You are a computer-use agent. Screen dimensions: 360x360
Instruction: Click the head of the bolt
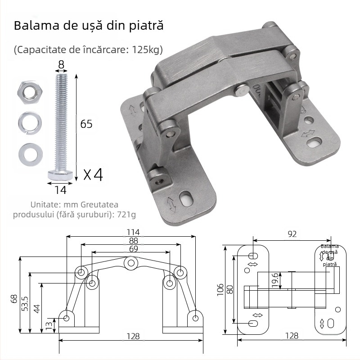pyautogui.click(x=60, y=174)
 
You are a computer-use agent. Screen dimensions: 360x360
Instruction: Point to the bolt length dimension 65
pyautogui.click(x=86, y=124)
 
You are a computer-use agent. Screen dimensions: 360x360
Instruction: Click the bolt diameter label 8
pyautogui.click(x=61, y=65)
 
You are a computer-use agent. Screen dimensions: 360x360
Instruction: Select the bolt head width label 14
pyautogui.click(x=60, y=190)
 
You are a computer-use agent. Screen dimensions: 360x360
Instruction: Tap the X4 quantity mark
pyautogui.click(x=93, y=174)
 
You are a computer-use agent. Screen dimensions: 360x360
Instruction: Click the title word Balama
pyautogui.click(x=33, y=25)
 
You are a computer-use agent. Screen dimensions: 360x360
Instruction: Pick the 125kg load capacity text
pyautogui.click(x=146, y=49)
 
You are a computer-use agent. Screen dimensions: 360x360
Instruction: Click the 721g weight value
pyautogui.click(x=126, y=214)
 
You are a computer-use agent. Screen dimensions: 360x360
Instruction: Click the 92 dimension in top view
pyautogui.click(x=293, y=234)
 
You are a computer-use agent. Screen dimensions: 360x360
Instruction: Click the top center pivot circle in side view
pyautogui.click(x=131, y=262)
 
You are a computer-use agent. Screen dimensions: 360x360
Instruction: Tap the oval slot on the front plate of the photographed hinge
pyautogui.click(x=184, y=198)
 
